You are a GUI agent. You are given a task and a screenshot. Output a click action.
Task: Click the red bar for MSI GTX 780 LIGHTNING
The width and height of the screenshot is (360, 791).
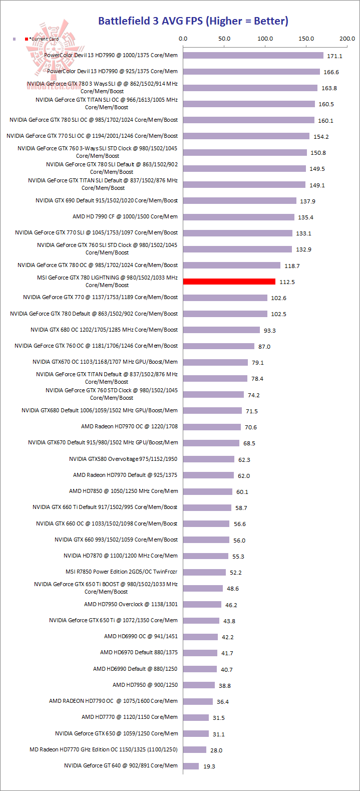tap(229, 282)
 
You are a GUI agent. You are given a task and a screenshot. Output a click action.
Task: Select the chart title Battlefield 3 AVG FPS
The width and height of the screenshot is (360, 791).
tap(193, 21)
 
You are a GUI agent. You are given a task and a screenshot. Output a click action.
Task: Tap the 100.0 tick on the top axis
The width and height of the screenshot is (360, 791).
tap(265, 39)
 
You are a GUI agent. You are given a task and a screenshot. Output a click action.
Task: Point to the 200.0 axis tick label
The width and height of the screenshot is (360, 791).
tap(346, 39)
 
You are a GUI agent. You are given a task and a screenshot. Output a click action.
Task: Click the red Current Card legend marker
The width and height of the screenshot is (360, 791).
tap(27, 39)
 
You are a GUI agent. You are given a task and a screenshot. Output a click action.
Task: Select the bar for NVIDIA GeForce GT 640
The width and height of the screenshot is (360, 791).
tap(191, 766)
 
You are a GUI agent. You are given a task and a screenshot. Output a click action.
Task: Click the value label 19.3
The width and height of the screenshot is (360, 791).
tap(209, 766)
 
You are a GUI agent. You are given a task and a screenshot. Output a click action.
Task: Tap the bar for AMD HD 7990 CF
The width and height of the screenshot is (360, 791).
tap(238, 217)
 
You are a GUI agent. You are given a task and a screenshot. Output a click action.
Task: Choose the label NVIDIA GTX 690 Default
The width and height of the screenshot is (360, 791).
tap(107, 200)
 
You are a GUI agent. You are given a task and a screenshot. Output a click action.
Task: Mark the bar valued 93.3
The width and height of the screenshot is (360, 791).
tap(221, 330)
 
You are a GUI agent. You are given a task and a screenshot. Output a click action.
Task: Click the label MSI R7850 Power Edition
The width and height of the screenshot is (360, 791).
tap(121, 572)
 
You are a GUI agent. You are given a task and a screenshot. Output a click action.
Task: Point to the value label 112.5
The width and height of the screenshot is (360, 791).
tap(287, 282)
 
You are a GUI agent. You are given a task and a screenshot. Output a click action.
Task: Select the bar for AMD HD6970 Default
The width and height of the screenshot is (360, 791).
tap(200, 653)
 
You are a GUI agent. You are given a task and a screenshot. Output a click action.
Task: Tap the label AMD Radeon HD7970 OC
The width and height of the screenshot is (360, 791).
tap(129, 427)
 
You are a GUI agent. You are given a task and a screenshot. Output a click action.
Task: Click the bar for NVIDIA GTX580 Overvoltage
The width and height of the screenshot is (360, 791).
tap(208, 459)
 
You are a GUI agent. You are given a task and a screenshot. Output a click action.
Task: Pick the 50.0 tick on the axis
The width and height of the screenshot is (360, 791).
tap(224, 39)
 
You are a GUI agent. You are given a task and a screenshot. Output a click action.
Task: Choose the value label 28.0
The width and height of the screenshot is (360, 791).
tap(216, 750)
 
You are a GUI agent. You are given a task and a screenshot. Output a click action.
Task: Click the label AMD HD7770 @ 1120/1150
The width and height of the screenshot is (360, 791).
tap(130, 717)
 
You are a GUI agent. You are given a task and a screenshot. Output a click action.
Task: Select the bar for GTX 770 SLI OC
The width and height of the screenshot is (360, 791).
tap(246, 136)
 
